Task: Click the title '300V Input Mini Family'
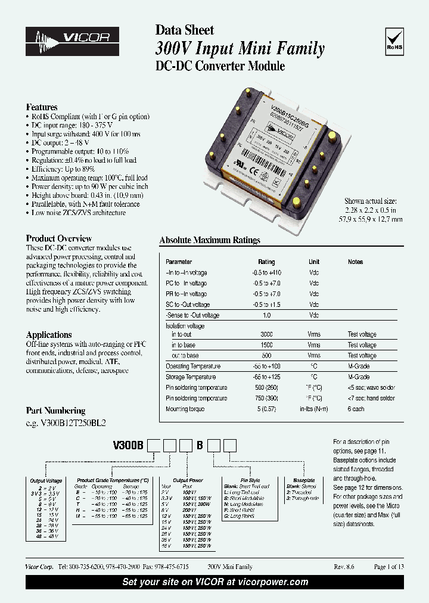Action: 240,49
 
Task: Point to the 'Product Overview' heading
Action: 59,238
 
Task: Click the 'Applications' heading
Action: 49,335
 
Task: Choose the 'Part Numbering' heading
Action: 55,411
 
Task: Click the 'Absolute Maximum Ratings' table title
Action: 210,240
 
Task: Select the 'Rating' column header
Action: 266,262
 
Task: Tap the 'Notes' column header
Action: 355,262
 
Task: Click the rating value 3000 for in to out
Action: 266,334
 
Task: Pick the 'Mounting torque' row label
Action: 185,409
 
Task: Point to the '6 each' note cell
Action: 356,409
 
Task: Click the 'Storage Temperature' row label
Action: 191,377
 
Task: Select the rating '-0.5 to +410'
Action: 266,272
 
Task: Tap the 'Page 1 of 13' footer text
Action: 388,567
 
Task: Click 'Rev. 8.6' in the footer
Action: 343,567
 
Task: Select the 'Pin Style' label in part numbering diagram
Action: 250,480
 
